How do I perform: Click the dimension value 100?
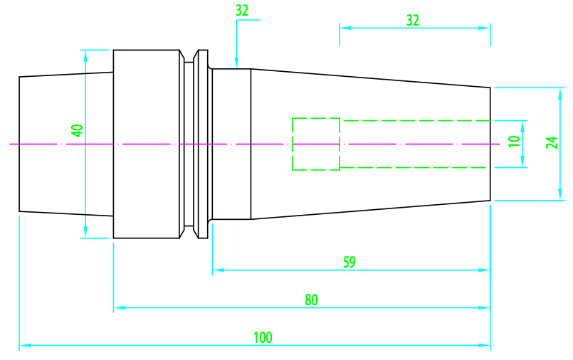263,337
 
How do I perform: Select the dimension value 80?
311,300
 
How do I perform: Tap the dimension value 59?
349,262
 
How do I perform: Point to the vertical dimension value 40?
77,131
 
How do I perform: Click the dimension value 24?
552,142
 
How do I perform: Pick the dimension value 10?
514,141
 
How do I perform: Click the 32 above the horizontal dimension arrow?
413,21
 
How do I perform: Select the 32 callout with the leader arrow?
242,11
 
